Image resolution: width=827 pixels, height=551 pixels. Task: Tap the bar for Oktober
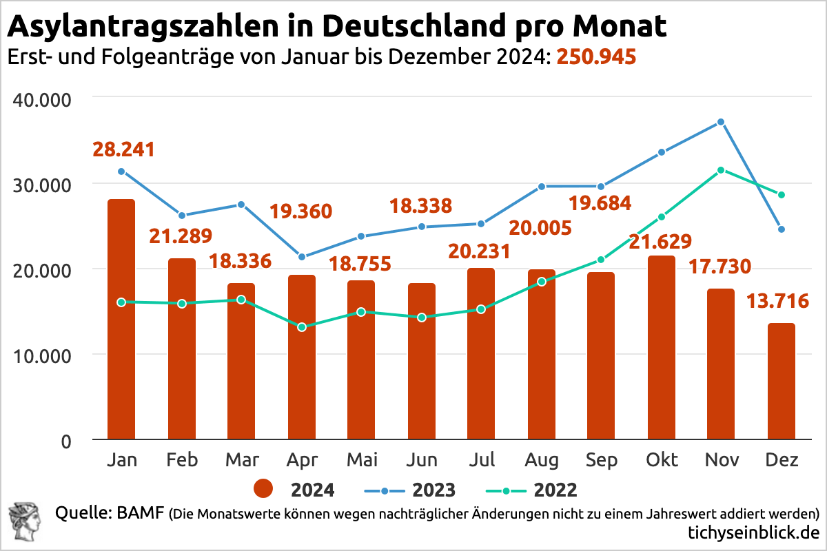(x=661, y=348)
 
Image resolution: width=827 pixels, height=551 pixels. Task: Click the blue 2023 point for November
(x=721, y=122)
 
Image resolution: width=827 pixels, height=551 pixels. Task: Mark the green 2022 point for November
(x=721, y=170)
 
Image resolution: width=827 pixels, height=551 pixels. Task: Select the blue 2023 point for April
(x=301, y=257)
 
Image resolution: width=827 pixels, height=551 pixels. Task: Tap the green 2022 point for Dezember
(x=781, y=195)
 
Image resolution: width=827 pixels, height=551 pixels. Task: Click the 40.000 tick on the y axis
(x=43, y=99)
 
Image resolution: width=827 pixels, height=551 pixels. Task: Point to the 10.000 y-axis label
(x=43, y=356)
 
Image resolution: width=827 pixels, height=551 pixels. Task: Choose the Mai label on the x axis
(x=361, y=459)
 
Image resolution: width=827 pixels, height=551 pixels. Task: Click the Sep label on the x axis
(x=601, y=459)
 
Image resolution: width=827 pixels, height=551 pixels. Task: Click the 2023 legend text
(x=433, y=490)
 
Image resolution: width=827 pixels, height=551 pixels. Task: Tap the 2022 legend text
(x=555, y=490)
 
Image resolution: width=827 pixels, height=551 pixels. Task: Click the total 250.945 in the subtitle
(x=595, y=57)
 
